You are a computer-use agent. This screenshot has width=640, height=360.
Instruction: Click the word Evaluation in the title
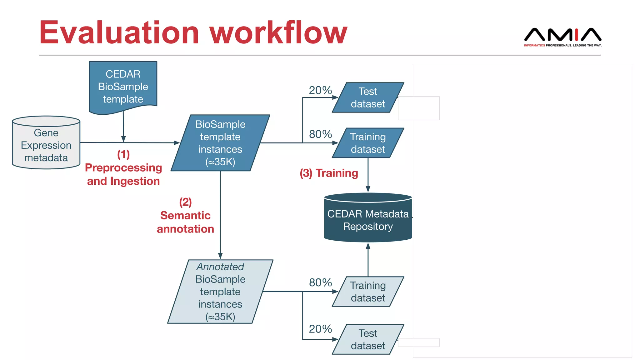pos(119,32)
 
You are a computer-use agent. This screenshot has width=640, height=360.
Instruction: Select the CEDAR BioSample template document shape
pos(123,86)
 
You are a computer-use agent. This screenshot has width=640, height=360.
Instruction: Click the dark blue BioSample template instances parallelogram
pos(220,143)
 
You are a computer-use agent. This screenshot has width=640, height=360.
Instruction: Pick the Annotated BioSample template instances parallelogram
pos(220,291)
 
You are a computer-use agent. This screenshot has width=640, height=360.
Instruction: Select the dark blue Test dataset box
pos(368,97)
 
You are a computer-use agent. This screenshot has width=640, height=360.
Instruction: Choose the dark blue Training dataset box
pos(368,143)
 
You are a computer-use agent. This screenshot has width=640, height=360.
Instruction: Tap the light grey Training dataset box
pos(368,291)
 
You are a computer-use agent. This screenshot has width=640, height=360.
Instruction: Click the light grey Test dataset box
pos(368,339)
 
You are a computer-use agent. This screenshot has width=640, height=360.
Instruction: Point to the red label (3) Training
pos(329,173)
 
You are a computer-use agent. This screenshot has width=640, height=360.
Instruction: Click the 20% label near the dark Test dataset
pos(320,90)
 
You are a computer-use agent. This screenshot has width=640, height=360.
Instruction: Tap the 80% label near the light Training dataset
pos(320,282)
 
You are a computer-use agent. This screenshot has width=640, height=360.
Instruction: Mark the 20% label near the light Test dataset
pos(320,329)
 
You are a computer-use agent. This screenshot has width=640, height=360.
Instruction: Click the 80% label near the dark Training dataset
pos(320,134)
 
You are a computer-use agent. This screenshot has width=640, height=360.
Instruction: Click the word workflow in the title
pos(278,32)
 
